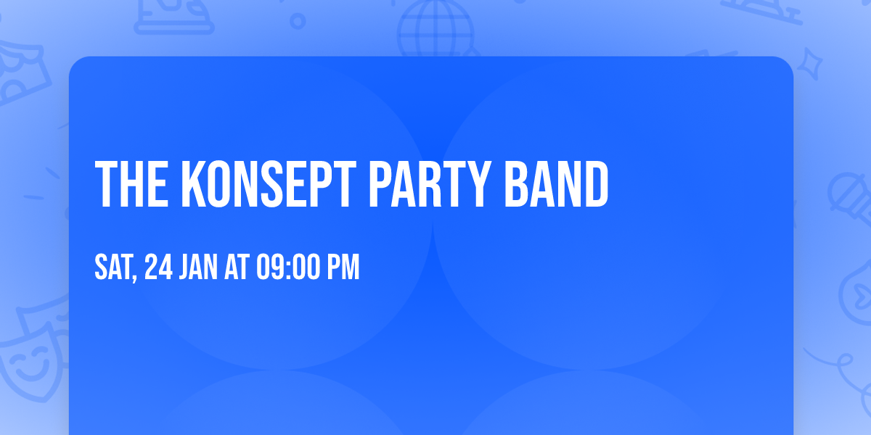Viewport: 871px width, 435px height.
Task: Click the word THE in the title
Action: pos(132,185)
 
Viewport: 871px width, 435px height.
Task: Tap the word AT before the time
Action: pos(237,268)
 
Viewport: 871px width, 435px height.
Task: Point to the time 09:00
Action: pos(288,268)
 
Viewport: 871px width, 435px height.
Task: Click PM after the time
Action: pos(343,268)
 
